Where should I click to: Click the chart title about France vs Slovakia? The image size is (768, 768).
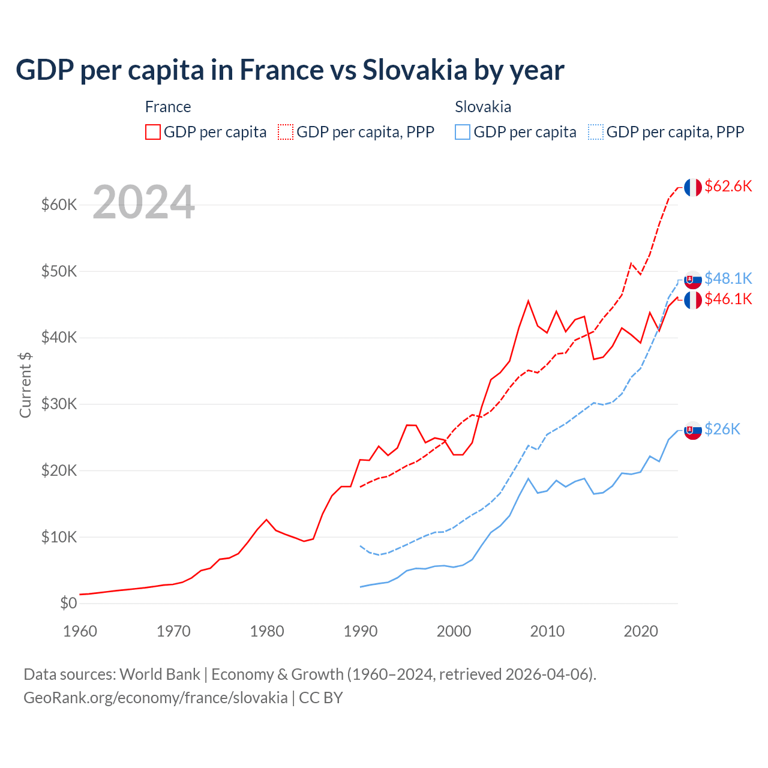(x=290, y=70)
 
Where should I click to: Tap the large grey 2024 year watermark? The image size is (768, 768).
(x=143, y=203)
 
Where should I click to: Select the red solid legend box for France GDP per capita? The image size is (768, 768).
(x=153, y=132)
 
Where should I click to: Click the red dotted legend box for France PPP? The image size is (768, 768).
(x=286, y=132)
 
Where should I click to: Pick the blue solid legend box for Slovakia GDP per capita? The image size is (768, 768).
(x=463, y=132)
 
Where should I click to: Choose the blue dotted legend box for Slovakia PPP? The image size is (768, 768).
(x=596, y=132)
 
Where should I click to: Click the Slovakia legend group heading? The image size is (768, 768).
(x=483, y=107)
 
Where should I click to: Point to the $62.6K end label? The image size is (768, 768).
(x=728, y=186)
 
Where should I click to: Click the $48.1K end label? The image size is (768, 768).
(x=728, y=278)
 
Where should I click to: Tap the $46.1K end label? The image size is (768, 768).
(x=728, y=299)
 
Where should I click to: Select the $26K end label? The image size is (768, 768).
(x=722, y=429)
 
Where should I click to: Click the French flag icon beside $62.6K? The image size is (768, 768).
(x=693, y=187)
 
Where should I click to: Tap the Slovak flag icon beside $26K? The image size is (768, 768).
(x=693, y=430)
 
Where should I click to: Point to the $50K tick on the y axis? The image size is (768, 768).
(x=59, y=271)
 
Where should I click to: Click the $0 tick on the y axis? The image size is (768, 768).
(x=68, y=603)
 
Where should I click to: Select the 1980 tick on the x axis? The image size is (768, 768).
(x=267, y=631)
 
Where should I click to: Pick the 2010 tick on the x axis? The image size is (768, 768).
(x=547, y=631)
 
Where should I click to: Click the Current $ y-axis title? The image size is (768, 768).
(x=25, y=385)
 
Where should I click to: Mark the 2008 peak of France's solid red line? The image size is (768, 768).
(x=528, y=301)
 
